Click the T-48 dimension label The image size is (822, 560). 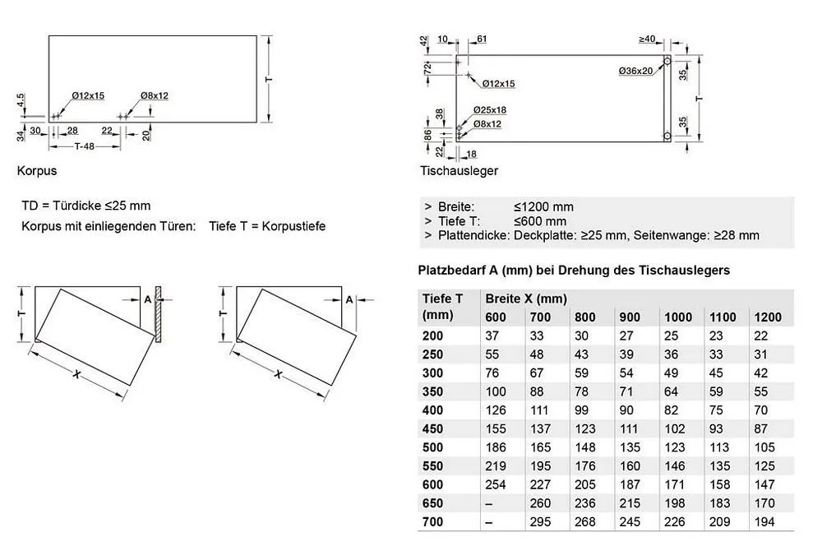(85, 146)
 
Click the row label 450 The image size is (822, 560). (432, 428)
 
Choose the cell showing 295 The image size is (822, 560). (542, 521)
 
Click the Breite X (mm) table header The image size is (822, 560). (526, 299)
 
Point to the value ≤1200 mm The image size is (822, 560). (543, 207)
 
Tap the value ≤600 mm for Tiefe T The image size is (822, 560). (540, 221)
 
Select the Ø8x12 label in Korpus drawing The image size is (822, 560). (153, 96)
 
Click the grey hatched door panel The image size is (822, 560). (159, 315)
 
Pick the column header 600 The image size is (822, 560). (496, 317)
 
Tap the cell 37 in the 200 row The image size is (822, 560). (492, 336)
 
